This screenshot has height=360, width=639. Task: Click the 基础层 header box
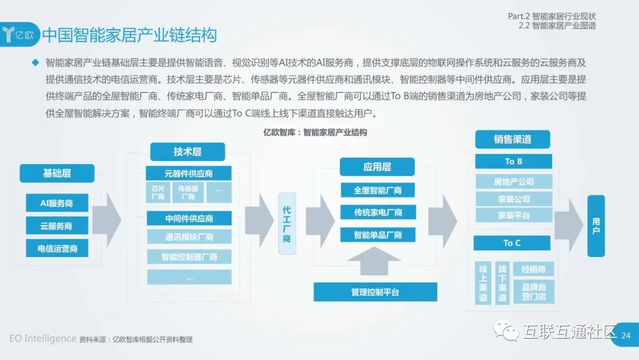tap(57, 173)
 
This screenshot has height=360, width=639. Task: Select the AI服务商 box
tap(57, 202)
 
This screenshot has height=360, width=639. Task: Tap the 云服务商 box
tap(57, 226)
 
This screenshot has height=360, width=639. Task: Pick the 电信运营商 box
tap(57, 248)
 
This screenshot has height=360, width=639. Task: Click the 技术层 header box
tap(188, 152)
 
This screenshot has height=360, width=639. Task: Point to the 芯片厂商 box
tap(158, 192)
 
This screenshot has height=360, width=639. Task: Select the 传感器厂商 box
tap(188, 192)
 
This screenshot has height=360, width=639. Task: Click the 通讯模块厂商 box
tap(189, 237)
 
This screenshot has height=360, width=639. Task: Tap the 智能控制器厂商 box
tap(189, 257)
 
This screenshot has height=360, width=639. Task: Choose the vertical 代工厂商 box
tap(287, 224)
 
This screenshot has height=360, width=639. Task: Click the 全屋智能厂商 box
tap(377, 190)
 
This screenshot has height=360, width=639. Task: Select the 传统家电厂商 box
tap(377, 212)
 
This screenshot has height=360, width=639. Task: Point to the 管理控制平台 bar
tap(375, 292)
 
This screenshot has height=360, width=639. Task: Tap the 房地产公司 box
tap(514, 182)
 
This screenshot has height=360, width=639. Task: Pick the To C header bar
tap(512, 243)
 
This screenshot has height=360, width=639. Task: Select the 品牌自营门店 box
tap(534, 291)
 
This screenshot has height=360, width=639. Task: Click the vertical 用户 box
tap(596, 226)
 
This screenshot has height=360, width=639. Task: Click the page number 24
tap(627, 336)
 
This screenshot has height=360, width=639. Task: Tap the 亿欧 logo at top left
tap(20, 34)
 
